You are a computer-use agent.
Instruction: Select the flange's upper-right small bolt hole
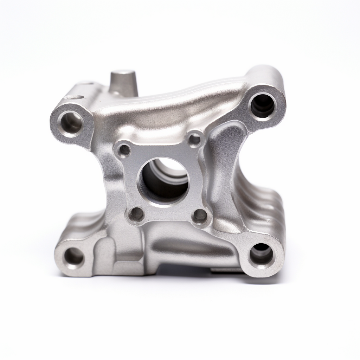(194, 140)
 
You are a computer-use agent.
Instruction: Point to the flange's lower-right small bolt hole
(200, 216)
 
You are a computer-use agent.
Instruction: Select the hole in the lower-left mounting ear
(74, 256)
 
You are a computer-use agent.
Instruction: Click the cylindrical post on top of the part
(123, 83)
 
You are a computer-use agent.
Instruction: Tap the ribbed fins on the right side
(260, 204)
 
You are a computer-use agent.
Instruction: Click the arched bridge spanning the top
(176, 105)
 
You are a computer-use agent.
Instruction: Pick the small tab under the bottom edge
(225, 270)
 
